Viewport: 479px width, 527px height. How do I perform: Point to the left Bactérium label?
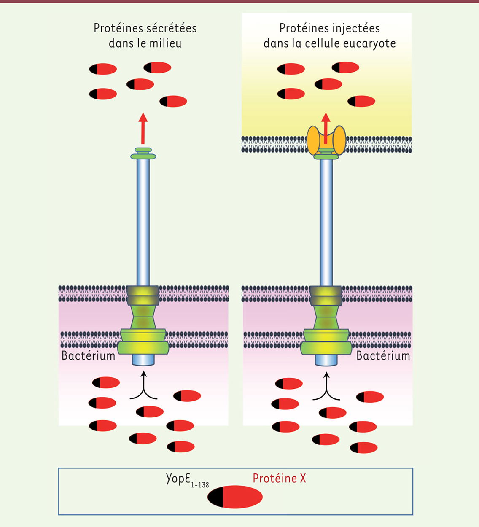[89, 356]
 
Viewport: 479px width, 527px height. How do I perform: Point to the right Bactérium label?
[383, 356]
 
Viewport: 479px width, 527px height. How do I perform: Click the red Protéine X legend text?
[279, 479]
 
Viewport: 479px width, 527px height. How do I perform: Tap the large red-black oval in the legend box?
[235, 497]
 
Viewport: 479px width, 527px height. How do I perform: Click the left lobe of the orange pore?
[313, 140]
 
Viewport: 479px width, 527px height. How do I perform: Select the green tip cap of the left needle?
[143, 153]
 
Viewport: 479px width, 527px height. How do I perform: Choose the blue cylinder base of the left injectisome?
[143, 360]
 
